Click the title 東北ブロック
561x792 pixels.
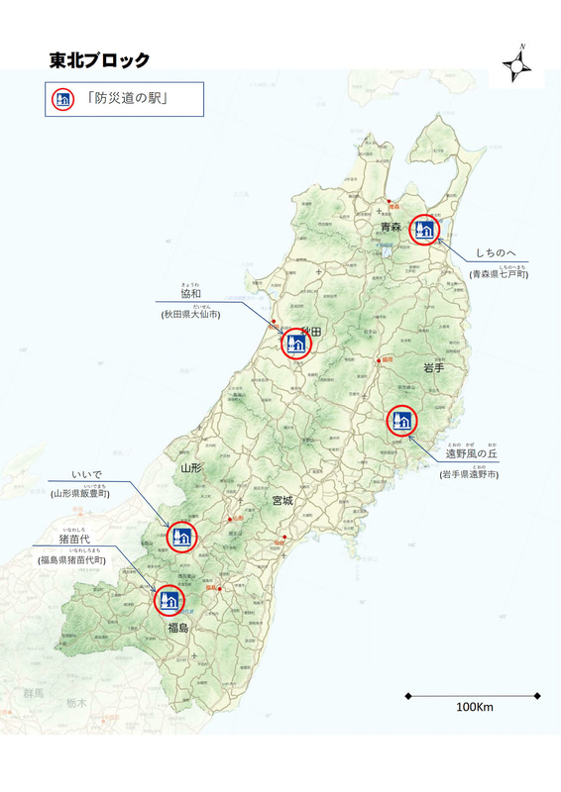pos(100,60)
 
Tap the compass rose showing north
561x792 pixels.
pos(520,66)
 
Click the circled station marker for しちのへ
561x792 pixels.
pos(424,229)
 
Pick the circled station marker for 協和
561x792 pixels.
pos(296,344)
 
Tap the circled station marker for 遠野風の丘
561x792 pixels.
pos(401,421)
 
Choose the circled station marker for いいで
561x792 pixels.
pos(182,537)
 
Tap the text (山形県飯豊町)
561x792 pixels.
pos(81,492)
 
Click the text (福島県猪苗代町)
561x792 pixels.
pos(72,560)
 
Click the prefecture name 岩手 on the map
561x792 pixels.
pos(433,367)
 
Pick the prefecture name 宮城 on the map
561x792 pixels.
pos(281,501)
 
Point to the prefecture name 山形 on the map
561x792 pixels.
pos(191,467)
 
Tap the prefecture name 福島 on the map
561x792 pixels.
pos(178,628)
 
